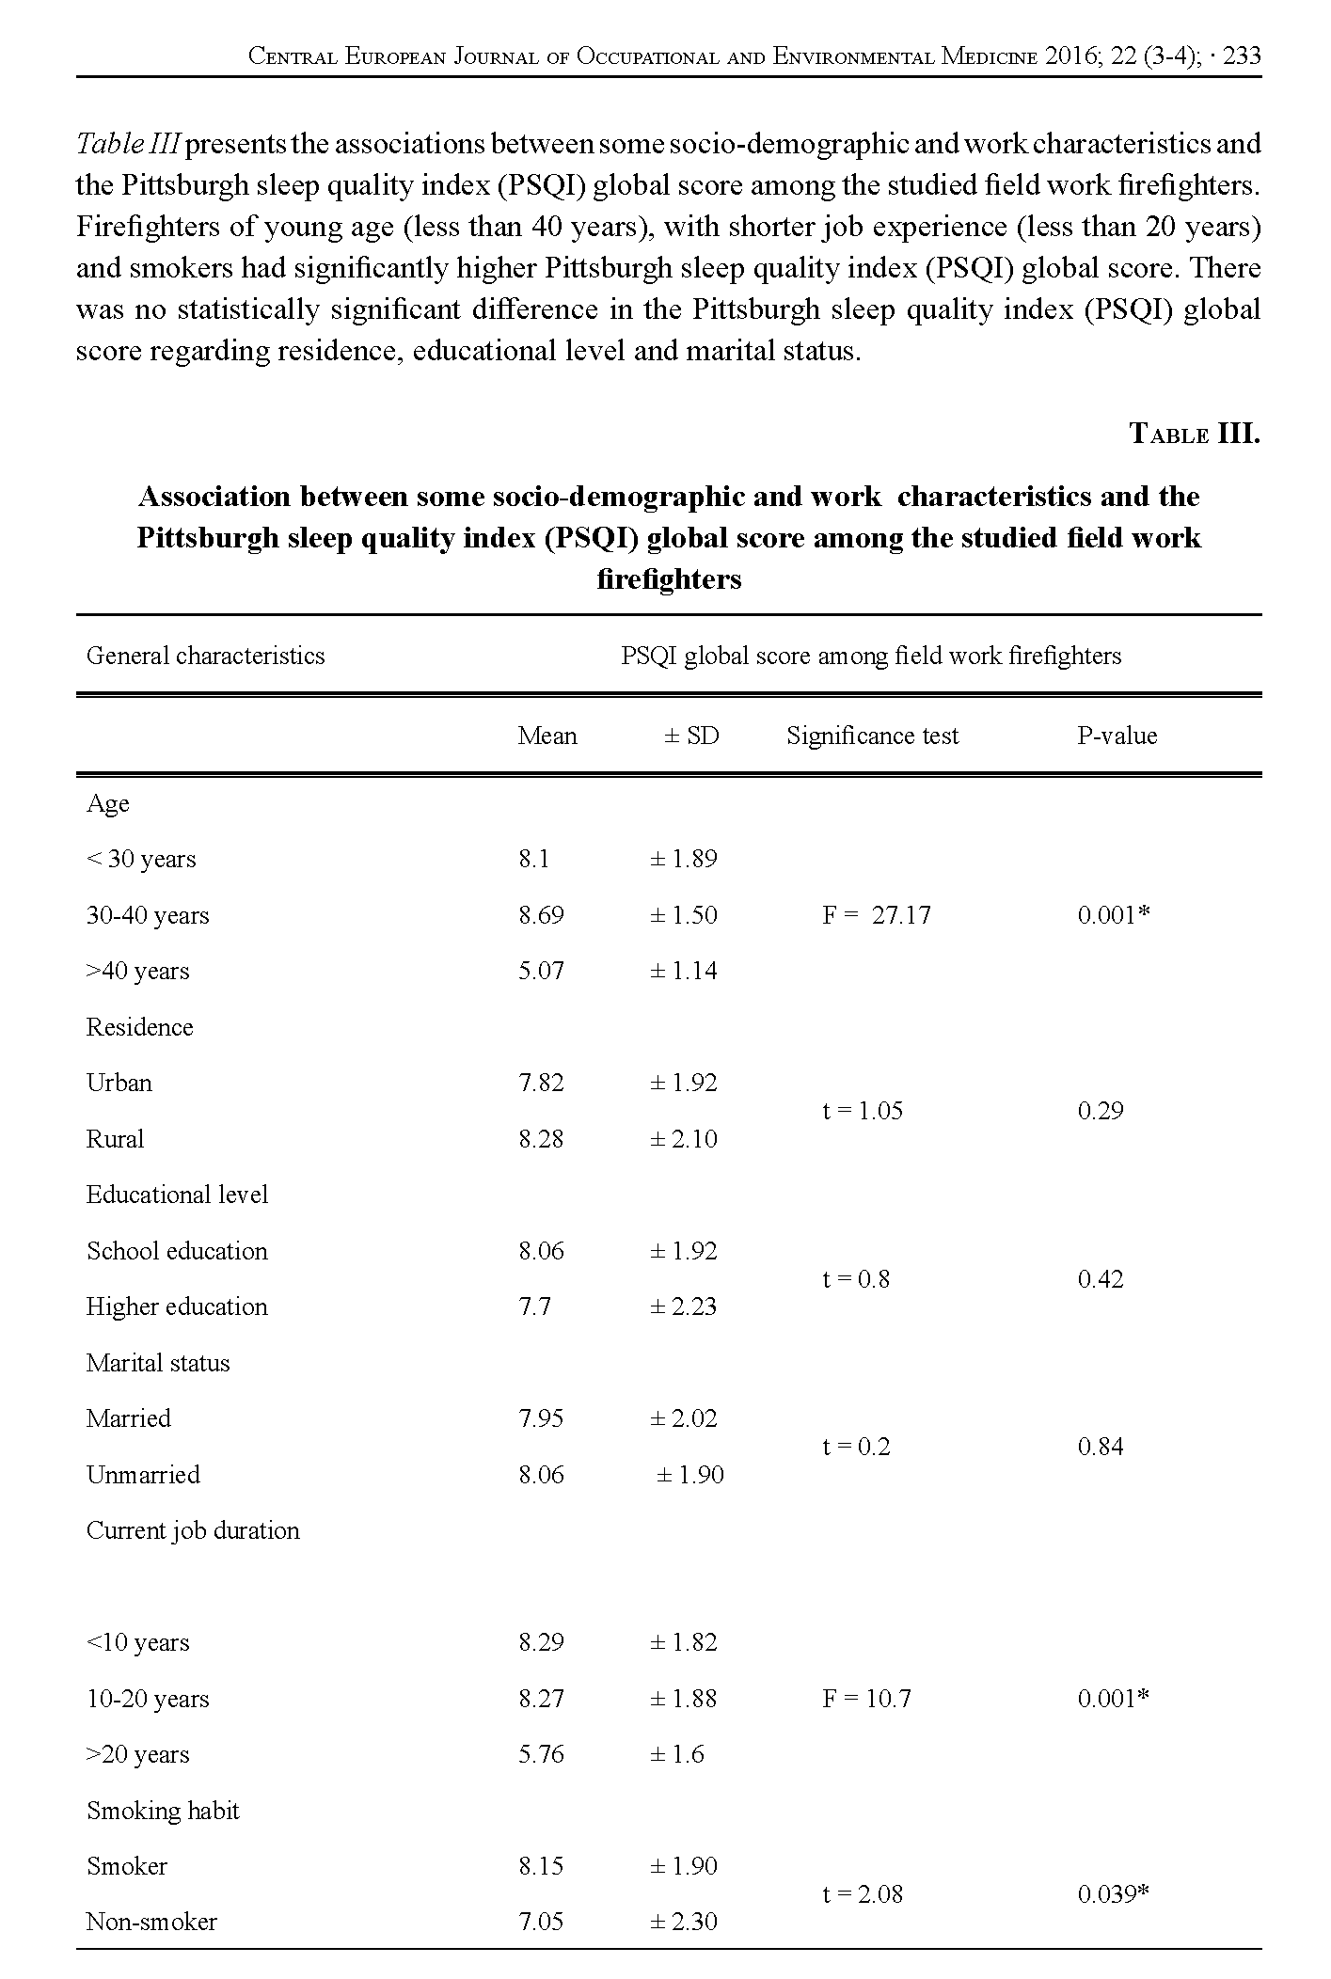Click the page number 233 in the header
1243,56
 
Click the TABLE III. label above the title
1194,434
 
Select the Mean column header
547,736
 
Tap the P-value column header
1117,736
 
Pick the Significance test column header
872,736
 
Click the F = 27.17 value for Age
876,915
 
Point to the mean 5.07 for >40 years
541,971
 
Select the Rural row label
115,1139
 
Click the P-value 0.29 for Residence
1101,1111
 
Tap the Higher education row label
177,1306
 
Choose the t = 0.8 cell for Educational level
855,1279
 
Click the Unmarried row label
143,1475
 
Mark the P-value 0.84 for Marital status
1101,1447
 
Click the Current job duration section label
193,1530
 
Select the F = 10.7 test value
865,1699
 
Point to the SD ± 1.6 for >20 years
676,1754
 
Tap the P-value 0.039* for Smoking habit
1115,1894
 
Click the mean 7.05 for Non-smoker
541,1922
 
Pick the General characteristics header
205,656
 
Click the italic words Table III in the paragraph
128,144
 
